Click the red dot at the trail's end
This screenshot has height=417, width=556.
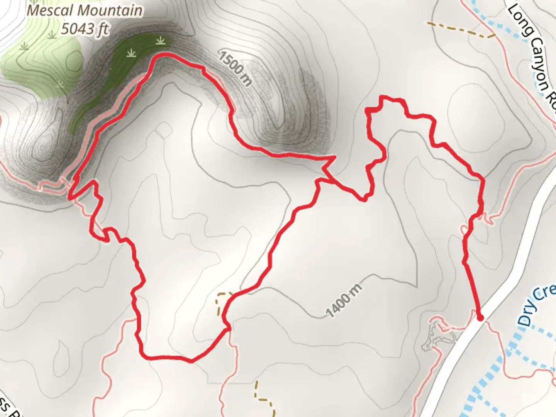[480, 318]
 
